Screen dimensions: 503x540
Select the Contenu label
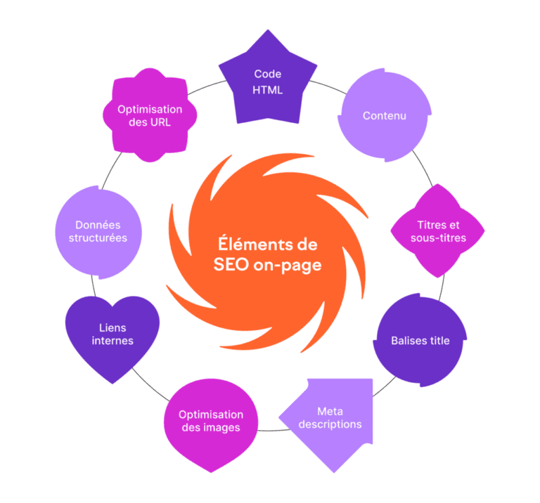click(385, 115)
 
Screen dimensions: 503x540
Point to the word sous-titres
click(439, 238)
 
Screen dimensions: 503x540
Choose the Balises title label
click(420, 341)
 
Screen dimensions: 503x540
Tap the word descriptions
click(330, 424)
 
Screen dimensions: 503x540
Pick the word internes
click(112, 341)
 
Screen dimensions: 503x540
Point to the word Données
click(98, 225)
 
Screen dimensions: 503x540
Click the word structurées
click(98, 238)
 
